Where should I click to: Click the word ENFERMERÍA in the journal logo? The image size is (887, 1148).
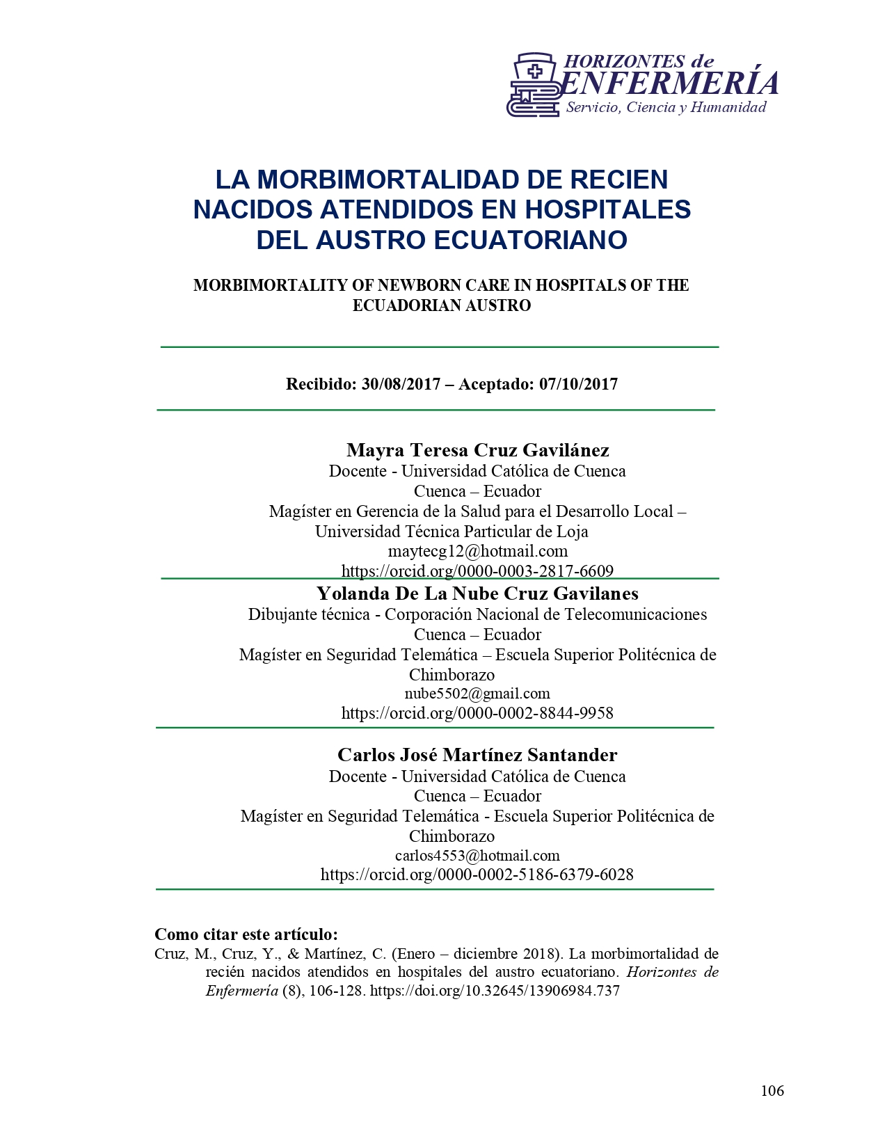669,83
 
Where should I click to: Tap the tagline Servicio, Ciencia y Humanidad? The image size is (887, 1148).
666,107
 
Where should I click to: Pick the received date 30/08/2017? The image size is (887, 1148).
401,384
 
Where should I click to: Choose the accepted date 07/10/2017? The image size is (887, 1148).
578,384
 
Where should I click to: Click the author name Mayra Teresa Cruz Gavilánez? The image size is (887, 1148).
477,450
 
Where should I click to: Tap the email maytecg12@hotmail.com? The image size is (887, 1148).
477,551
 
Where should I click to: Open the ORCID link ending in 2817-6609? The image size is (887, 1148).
477,571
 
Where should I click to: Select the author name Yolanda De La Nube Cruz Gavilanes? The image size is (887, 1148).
477,593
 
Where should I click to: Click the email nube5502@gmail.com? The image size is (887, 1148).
477,694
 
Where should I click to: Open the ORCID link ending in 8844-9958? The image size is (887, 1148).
477,713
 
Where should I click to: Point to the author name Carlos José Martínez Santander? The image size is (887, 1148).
477,755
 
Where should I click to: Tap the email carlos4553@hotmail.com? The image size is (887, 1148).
477,856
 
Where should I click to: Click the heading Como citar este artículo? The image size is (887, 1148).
246,934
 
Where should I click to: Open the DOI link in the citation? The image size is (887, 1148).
495,991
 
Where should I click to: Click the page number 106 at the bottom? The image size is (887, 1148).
772,1090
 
